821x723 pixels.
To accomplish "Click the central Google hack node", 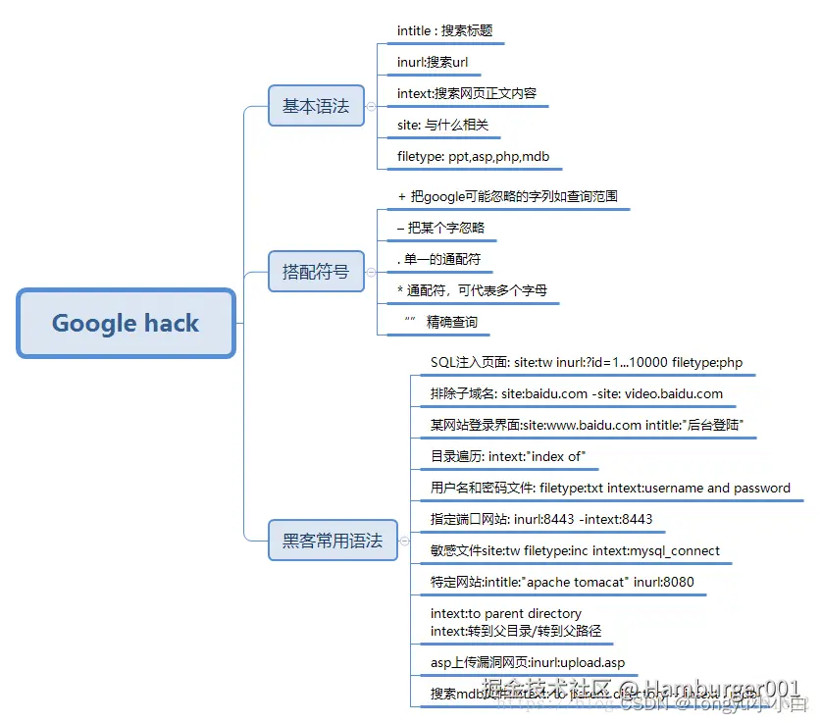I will pyautogui.click(x=126, y=323).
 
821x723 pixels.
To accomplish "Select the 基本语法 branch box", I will pyautogui.click(x=316, y=106).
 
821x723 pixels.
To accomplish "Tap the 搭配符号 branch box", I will pyautogui.click(x=316, y=272).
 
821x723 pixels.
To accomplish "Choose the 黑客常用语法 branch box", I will pyautogui.click(x=333, y=540).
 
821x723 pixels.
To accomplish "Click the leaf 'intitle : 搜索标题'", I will pyautogui.click(x=444, y=31).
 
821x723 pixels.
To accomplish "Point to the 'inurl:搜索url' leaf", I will pyautogui.click(x=433, y=63).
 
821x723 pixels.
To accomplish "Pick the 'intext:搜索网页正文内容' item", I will pyautogui.click(x=467, y=94).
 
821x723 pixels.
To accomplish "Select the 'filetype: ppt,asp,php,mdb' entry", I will pyautogui.click(x=472, y=157).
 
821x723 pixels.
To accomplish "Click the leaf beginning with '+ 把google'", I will pyautogui.click(x=507, y=197).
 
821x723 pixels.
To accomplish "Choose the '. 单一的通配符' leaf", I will pyautogui.click(x=439, y=259).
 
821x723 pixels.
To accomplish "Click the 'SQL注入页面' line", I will pyautogui.click(x=587, y=363).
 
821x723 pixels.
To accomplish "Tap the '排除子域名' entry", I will pyautogui.click(x=577, y=394).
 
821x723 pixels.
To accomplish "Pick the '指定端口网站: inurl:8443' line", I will pyautogui.click(x=541, y=519).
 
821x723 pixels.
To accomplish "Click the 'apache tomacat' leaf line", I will pyautogui.click(x=562, y=582).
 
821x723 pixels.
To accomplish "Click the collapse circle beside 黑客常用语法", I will pyautogui.click(x=402, y=540).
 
